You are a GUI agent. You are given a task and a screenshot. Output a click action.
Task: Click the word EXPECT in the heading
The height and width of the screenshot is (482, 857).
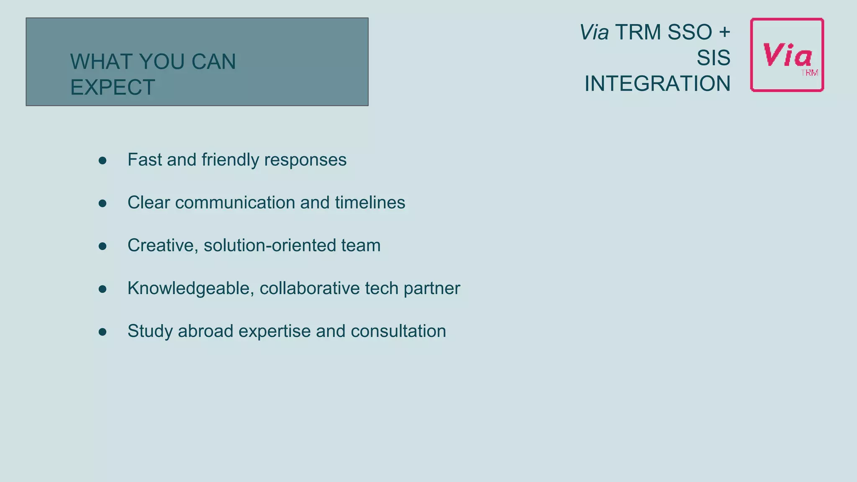click(x=113, y=87)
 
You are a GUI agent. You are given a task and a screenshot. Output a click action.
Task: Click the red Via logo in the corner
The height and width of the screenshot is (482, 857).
click(x=787, y=55)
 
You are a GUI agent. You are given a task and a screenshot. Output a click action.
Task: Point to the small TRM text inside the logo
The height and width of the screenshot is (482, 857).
click(x=809, y=73)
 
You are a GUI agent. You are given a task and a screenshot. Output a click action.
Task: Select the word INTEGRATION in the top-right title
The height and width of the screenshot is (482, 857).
click(x=657, y=84)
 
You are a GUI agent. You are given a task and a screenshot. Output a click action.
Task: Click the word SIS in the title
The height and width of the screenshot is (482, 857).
click(x=713, y=58)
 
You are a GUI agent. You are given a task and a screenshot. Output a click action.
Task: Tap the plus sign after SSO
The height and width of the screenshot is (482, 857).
click(x=724, y=32)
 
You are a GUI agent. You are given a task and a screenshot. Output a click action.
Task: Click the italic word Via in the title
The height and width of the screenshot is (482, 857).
click(x=594, y=32)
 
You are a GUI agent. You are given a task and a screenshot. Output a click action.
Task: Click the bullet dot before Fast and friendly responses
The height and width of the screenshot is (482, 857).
click(x=103, y=160)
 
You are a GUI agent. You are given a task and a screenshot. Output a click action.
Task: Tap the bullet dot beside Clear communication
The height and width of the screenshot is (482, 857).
click(x=103, y=203)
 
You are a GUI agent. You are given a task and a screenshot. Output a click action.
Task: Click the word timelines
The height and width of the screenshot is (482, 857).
click(x=370, y=203)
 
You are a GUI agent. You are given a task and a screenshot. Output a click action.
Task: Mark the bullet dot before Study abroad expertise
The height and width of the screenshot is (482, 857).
click(x=103, y=332)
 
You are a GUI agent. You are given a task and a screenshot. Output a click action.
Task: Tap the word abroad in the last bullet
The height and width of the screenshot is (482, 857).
click(x=205, y=331)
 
